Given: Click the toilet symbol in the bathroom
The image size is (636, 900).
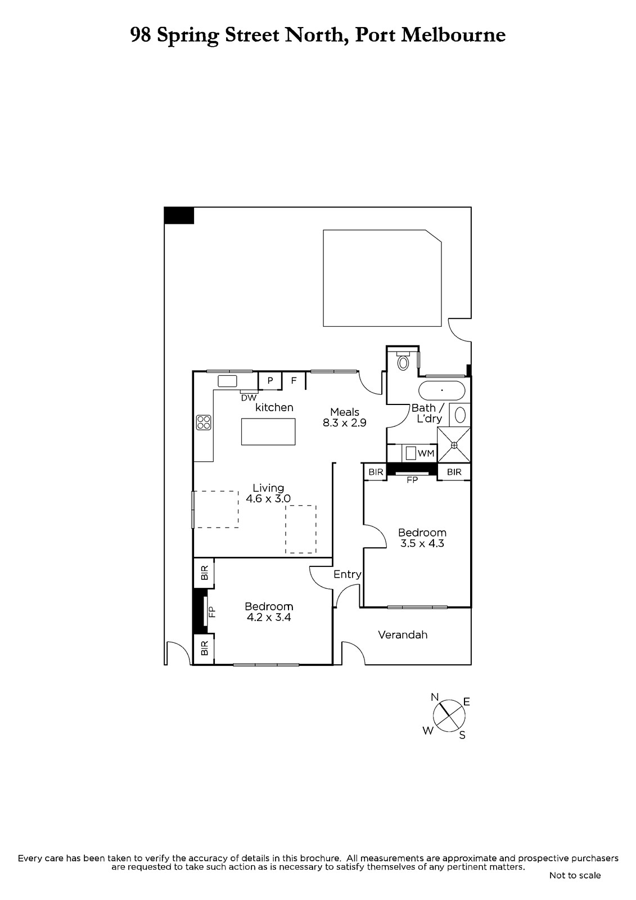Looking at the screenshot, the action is coord(403,361).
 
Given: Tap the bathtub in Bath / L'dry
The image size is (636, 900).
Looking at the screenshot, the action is coord(441,390).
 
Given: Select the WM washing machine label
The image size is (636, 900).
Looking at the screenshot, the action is coord(426,453).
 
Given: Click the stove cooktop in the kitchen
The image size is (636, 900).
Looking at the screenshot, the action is coord(204,422).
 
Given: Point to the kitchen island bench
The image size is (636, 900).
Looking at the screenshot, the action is coord(268,431).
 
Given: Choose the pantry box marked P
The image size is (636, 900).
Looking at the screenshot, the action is coord(270,380).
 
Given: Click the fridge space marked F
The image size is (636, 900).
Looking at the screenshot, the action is coord(294,380).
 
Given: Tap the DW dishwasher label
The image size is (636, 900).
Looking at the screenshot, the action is coord(249,398).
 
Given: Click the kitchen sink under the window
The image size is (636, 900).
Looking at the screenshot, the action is coord(227,381).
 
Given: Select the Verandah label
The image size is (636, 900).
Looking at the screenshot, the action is coord(403,635).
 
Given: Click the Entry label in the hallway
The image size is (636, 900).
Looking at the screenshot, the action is coord(347,574).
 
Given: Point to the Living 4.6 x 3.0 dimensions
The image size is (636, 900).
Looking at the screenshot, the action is coord(268,498).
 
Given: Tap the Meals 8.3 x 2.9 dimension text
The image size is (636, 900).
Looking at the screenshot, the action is coord(344,422).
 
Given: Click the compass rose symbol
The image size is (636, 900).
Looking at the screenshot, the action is coord(449,716).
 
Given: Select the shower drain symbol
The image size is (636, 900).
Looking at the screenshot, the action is coord(454,445).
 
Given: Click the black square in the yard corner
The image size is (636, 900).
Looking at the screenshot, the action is coord(179,215).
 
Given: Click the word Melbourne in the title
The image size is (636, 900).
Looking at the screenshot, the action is coord(453,35).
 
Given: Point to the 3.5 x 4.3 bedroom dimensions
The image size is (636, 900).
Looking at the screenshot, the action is coord(422,543).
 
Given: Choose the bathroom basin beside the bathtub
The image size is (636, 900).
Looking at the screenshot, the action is coord(460,415).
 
